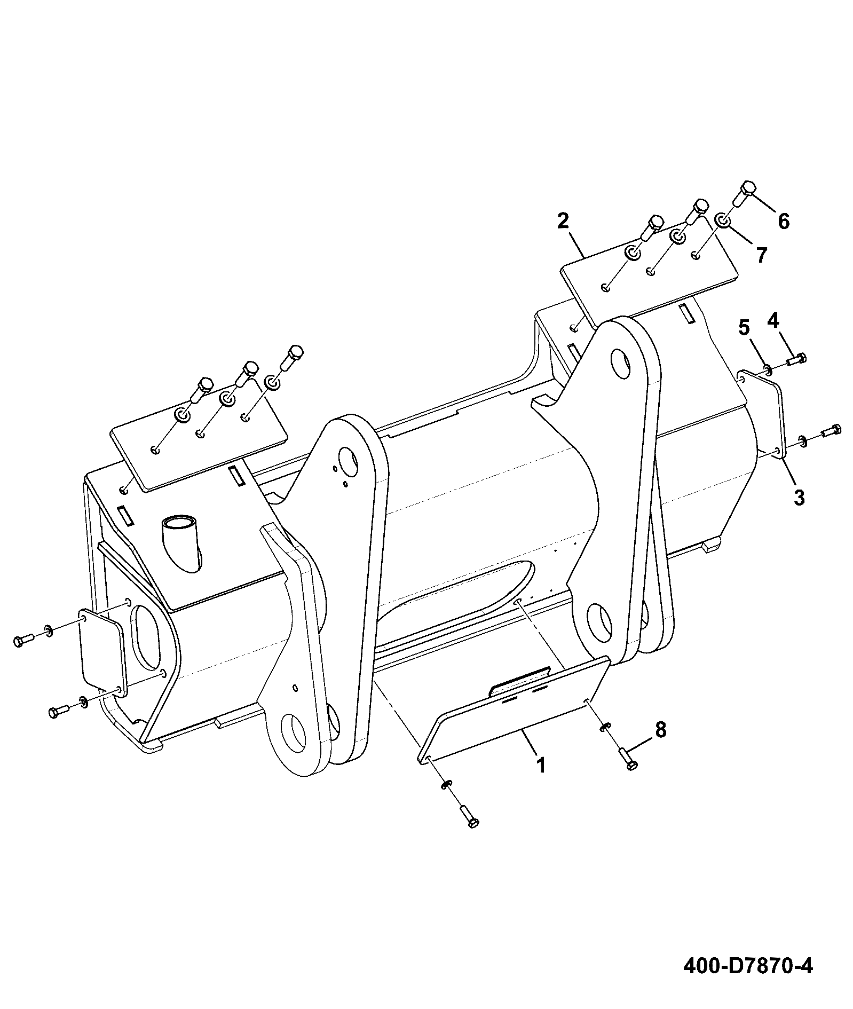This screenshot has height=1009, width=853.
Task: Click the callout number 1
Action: (541, 765)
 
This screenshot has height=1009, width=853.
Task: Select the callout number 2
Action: (563, 220)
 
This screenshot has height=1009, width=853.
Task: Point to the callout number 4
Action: (773, 320)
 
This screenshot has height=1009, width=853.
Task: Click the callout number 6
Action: (783, 221)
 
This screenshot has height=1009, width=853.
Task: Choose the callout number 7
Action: (761, 255)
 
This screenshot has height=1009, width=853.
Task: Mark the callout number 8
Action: (660, 730)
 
